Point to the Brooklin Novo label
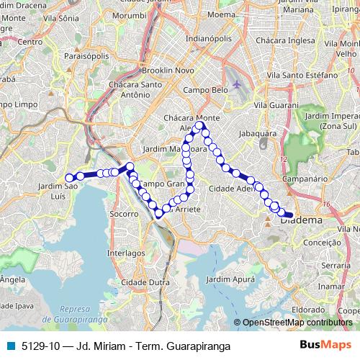(166, 72)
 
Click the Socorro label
(124, 214)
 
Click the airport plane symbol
(238, 85)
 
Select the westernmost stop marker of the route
(70, 178)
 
